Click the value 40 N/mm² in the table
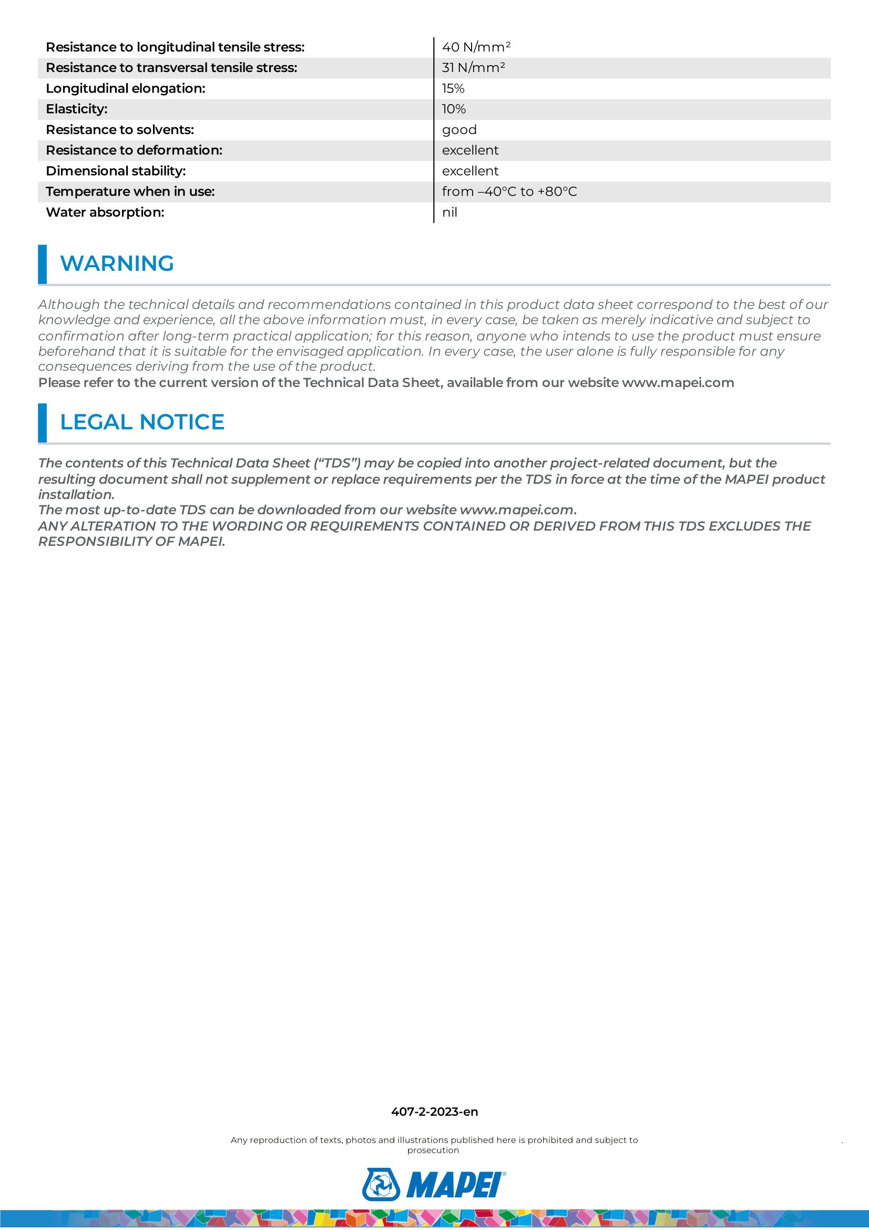pos(476,47)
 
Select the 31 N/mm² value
pos(473,68)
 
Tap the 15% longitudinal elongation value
pos(453,88)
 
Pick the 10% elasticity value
pos(454,109)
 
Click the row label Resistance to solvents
pos(119,130)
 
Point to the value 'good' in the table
pos(459,130)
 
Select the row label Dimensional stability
pos(116,171)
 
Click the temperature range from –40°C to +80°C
pos(509,192)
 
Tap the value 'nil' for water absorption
pos(449,212)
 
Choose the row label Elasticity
pos(77,109)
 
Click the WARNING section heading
pos(117,263)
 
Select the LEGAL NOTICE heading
pos(142,422)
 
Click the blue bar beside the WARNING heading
pos(42,264)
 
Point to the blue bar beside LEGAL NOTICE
pos(42,423)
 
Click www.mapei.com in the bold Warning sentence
pos(677,382)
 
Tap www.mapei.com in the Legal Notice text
pos(516,510)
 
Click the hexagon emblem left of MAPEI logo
pos(381,1184)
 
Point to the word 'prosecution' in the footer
pos(433,1150)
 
